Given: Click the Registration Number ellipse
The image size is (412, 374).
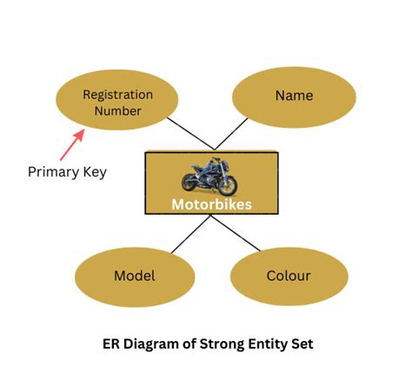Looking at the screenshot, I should coord(117,103).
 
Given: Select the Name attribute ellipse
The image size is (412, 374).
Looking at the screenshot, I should coord(294,95).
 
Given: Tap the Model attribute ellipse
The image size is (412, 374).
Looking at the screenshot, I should coord(135,276).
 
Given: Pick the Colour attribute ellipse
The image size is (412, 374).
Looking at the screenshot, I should coord(289,276).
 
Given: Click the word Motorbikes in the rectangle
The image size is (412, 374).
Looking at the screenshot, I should coord(211,205).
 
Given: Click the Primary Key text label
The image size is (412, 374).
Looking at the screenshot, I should coord(67,171).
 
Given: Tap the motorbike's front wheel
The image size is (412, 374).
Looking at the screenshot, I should coord(227,185).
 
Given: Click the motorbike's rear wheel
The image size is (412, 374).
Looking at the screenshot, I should coord(192,183).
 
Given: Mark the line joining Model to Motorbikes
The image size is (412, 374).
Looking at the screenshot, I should coord(191,235).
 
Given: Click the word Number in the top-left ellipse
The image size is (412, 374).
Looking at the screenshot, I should coord(117,110).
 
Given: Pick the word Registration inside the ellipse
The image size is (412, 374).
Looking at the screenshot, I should coord(117,94).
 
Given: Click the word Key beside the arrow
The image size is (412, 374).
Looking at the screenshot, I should coord(94,171).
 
